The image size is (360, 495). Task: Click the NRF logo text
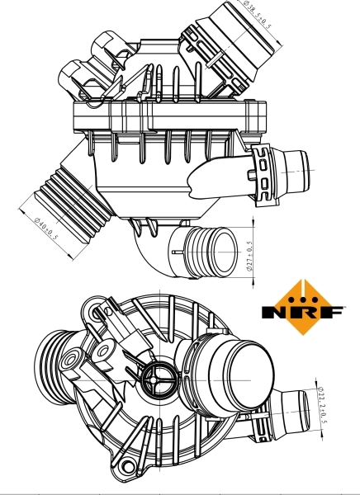pos(301,313)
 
